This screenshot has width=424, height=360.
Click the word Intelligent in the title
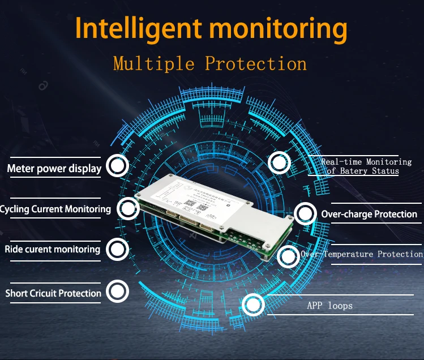130,29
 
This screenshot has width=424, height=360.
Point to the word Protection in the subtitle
256,63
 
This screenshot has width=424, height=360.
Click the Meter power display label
54,168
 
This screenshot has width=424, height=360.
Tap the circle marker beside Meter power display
117,166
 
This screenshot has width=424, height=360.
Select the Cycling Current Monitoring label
55,209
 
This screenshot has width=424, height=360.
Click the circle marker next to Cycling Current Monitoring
129,208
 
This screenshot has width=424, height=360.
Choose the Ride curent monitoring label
53,249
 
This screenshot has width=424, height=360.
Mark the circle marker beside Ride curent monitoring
117,248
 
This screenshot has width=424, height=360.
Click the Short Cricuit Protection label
53,293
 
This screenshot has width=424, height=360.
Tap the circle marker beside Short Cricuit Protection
117,292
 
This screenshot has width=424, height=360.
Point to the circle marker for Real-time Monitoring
279,163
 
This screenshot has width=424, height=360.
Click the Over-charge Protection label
369,214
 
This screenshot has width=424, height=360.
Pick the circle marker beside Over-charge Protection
305,213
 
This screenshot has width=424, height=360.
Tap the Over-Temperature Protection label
362,254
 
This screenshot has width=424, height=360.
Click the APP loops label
329,306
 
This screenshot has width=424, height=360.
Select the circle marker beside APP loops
253,306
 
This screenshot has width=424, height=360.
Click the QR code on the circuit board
203,207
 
